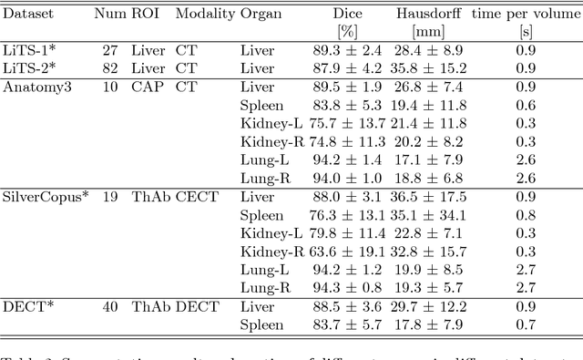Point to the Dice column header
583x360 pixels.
click(x=349, y=15)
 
